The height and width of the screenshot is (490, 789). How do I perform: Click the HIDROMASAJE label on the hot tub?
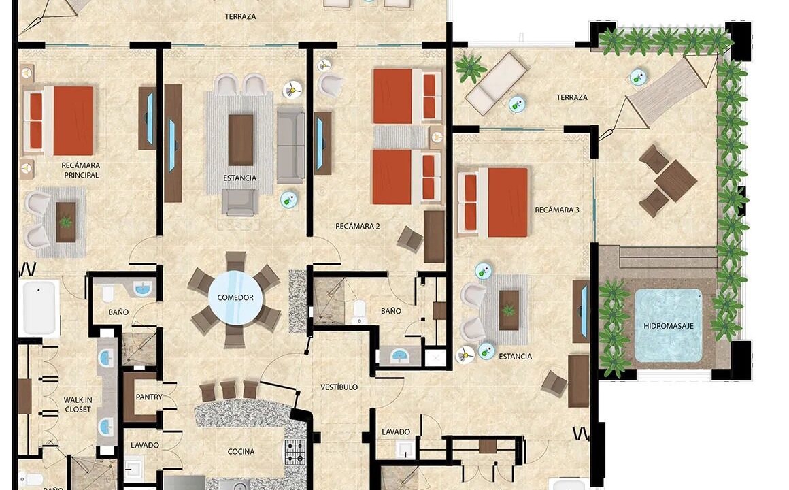pyautogui.click(x=668, y=326)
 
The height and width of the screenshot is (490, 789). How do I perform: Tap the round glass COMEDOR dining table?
pyautogui.click(x=235, y=297)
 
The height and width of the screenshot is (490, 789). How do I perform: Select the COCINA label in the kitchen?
pyautogui.click(x=241, y=452)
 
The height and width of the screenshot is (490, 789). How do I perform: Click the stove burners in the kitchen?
pyautogui.click(x=295, y=452)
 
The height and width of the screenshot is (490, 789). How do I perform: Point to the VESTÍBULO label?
pyautogui.click(x=339, y=387)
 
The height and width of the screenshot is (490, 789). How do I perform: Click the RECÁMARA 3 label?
pyautogui.click(x=557, y=210)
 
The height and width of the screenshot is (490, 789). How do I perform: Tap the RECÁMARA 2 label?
pyautogui.click(x=358, y=226)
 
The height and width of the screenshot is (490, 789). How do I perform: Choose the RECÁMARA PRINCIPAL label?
pyautogui.click(x=81, y=170)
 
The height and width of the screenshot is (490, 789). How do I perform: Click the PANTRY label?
pyautogui.click(x=149, y=397)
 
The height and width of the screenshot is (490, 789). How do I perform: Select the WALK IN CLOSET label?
pyautogui.click(x=78, y=405)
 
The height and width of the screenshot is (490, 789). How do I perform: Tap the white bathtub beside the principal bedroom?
pyautogui.click(x=39, y=308)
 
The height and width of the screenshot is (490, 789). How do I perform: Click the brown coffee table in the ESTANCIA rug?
pyautogui.click(x=241, y=140)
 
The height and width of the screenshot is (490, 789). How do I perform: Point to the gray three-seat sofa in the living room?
pyautogui.click(x=291, y=144)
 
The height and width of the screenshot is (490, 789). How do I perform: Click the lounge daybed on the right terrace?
pyautogui.click(x=496, y=83)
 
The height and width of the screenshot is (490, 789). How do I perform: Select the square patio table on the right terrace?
pyautogui.click(x=676, y=181)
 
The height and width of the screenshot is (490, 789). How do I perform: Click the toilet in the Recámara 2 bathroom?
pyautogui.click(x=359, y=312)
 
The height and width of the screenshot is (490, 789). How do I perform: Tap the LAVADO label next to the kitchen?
pyautogui.click(x=145, y=445)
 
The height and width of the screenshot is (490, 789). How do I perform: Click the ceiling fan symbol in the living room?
pyautogui.click(x=292, y=90)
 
